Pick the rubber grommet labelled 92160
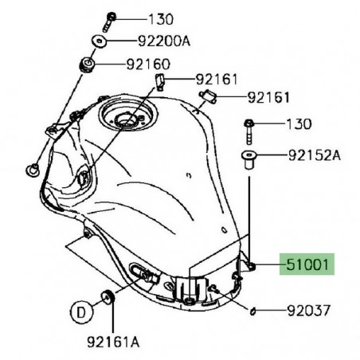click(x=85, y=63)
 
